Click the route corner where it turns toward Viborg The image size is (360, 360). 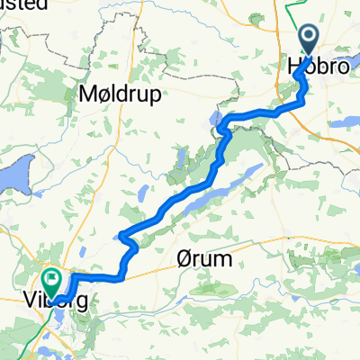pos(120,274)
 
